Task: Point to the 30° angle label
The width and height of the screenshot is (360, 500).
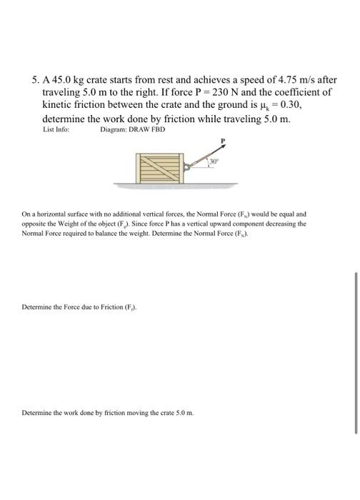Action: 212,161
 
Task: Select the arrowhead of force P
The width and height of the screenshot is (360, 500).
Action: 226,147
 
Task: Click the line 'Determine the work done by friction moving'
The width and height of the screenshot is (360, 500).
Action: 107,413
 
